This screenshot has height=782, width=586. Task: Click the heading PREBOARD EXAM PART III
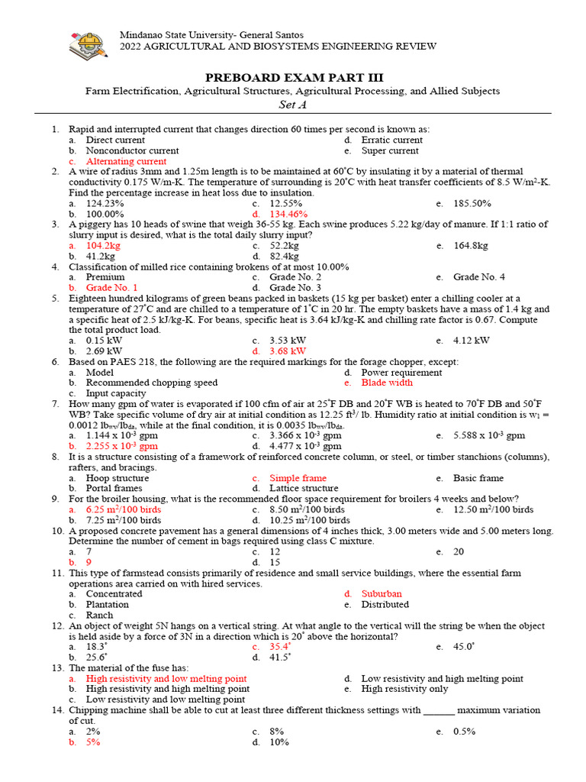pos(292,78)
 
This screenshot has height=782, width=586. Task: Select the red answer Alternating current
pos(126,162)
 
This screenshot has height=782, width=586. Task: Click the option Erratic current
pos(391,141)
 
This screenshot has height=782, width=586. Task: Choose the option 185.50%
pos(472,204)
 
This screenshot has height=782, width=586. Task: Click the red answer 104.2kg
pos(103,246)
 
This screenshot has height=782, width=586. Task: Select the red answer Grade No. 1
pos(111,288)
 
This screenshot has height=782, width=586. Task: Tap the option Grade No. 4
pos(478,277)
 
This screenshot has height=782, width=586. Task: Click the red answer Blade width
pos(387,383)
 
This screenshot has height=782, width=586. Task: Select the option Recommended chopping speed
pos(151,383)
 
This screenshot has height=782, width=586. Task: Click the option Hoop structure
pos(118,478)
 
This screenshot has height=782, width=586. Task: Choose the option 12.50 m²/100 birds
pos(493,509)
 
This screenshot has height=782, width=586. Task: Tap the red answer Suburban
pos(382,593)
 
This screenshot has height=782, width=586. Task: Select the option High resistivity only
pos(404,689)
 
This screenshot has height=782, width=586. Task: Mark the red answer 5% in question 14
pos(93,742)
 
